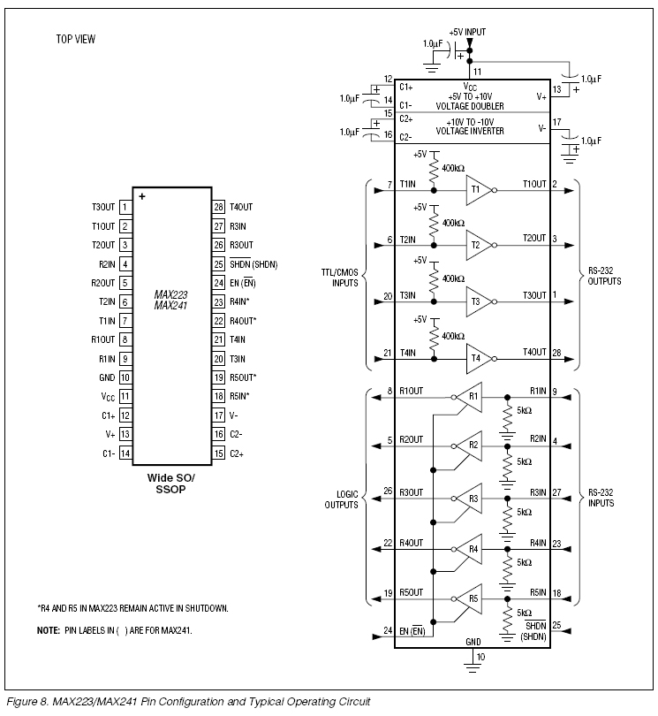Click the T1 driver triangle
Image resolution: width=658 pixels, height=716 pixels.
point(478,190)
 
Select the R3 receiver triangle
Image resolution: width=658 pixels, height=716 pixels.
point(471,499)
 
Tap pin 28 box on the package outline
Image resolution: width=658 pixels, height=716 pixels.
point(218,208)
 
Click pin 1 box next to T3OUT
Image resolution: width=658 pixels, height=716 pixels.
point(125,208)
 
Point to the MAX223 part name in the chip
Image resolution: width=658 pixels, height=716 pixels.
point(170,294)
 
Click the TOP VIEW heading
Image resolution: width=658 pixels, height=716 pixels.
point(76,39)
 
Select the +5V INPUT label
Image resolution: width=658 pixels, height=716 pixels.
point(467,32)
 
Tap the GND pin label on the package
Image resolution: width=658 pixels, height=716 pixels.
point(107,377)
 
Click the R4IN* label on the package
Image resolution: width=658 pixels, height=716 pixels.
point(239,301)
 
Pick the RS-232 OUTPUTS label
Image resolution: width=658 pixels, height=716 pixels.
point(605,276)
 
